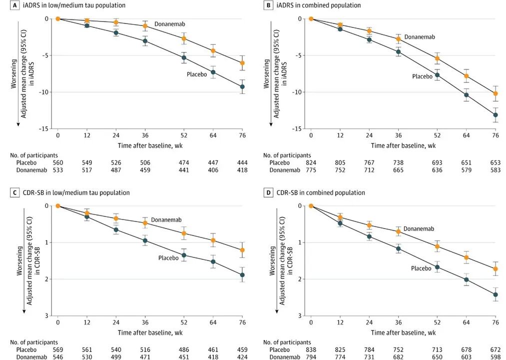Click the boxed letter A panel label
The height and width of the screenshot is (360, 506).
tap(14, 5)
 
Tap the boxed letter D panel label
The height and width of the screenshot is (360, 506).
tap(268, 192)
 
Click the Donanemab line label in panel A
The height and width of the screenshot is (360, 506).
tap(170, 24)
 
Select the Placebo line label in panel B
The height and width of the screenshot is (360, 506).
tap(422, 76)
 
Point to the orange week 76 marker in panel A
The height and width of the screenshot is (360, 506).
tap(242, 63)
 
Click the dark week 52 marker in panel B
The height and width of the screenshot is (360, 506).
tap(437, 75)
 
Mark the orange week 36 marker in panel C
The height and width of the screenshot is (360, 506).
tap(145, 223)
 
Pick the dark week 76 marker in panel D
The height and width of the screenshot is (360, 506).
tap(496, 294)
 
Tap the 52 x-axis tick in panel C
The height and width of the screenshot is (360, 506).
tap(184, 322)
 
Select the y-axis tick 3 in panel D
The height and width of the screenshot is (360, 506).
tap(300, 315)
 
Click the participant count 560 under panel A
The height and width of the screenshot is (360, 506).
tap(58, 162)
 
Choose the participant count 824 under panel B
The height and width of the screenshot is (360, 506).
tap(311, 162)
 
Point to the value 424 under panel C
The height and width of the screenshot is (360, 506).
tap(242, 357)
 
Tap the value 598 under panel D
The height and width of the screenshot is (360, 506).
tap(496, 357)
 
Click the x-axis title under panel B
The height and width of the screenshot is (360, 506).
tap(403, 145)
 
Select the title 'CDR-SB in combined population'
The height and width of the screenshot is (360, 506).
tap(321, 192)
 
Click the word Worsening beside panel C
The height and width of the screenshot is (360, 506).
tap(20, 261)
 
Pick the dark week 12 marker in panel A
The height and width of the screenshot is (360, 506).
tap(87, 25)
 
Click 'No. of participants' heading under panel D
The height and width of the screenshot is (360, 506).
tap(287, 342)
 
